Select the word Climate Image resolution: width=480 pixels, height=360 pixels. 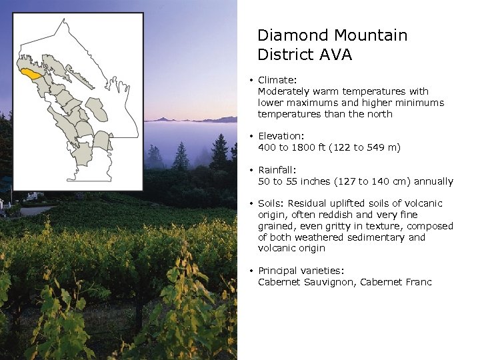pyautogui.click(x=277, y=80)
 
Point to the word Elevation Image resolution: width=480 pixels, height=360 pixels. pyautogui.click(x=281, y=136)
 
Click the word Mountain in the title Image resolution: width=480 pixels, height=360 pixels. pyautogui.click(x=371, y=35)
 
